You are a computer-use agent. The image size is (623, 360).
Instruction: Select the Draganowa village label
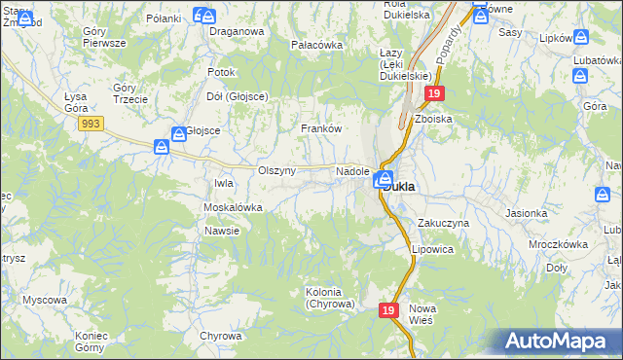[238, 31]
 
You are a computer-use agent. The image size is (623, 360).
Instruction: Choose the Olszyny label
[276, 170]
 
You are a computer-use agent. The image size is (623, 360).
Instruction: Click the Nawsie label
[222, 231]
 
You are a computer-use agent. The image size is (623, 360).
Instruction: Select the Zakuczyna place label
[444, 223]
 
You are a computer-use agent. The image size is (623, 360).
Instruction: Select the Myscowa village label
[45, 300]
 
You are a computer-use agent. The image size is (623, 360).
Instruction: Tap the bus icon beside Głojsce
[180, 134]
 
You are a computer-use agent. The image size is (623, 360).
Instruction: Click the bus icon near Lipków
[580, 37]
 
